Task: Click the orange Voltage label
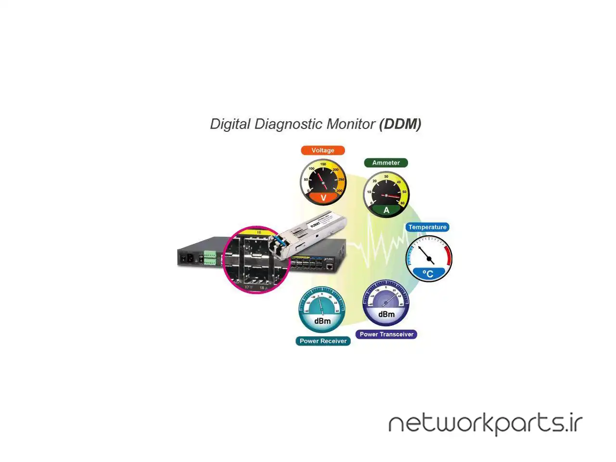coord(323,150)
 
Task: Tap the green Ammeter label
coord(386,163)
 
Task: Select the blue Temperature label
coord(427,227)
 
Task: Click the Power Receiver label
coord(323,341)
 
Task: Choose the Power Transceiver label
coord(386,334)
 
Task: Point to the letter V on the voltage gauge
coord(323,198)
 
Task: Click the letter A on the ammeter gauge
coord(386,210)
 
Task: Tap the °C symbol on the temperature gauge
coord(428,274)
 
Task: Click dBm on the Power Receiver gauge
coord(322,321)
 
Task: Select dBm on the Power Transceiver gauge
coord(386,314)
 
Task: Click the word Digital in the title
coord(230,124)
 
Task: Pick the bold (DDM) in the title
coord(400,124)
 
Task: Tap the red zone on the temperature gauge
coord(449,255)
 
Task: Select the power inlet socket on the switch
coord(184,259)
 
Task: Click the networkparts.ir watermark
coord(485,423)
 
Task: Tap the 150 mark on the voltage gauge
coord(323,165)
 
